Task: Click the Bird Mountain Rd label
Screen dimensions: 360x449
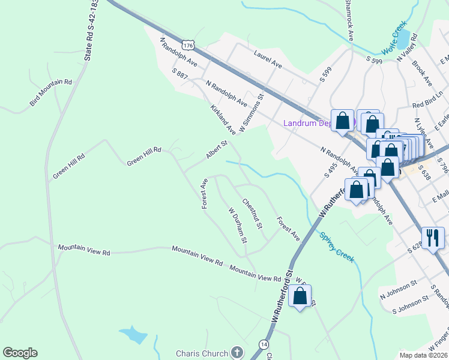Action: (51, 94)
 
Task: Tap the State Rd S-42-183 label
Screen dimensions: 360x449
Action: (91, 30)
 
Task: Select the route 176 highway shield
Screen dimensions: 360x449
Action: (189, 45)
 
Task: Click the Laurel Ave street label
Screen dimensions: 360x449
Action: (268, 58)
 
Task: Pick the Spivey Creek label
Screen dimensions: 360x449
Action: (337, 247)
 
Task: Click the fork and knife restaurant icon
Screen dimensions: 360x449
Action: (432, 238)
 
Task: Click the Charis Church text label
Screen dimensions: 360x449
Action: (202, 353)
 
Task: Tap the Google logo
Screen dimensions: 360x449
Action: (20, 353)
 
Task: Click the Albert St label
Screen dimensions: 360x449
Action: (217, 150)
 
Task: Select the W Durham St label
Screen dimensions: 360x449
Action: (238, 225)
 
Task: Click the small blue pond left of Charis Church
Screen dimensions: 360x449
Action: (133, 335)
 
